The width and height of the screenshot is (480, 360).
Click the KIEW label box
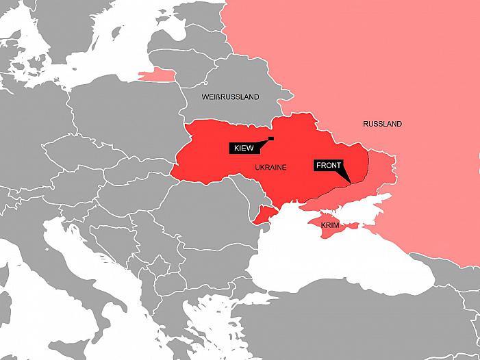coord(243,147)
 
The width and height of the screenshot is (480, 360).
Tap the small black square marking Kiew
coord(271,139)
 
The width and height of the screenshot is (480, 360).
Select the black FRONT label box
coord(328,165)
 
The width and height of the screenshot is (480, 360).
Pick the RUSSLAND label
coord(383,124)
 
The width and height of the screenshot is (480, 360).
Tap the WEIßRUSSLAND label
coord(230,97)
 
